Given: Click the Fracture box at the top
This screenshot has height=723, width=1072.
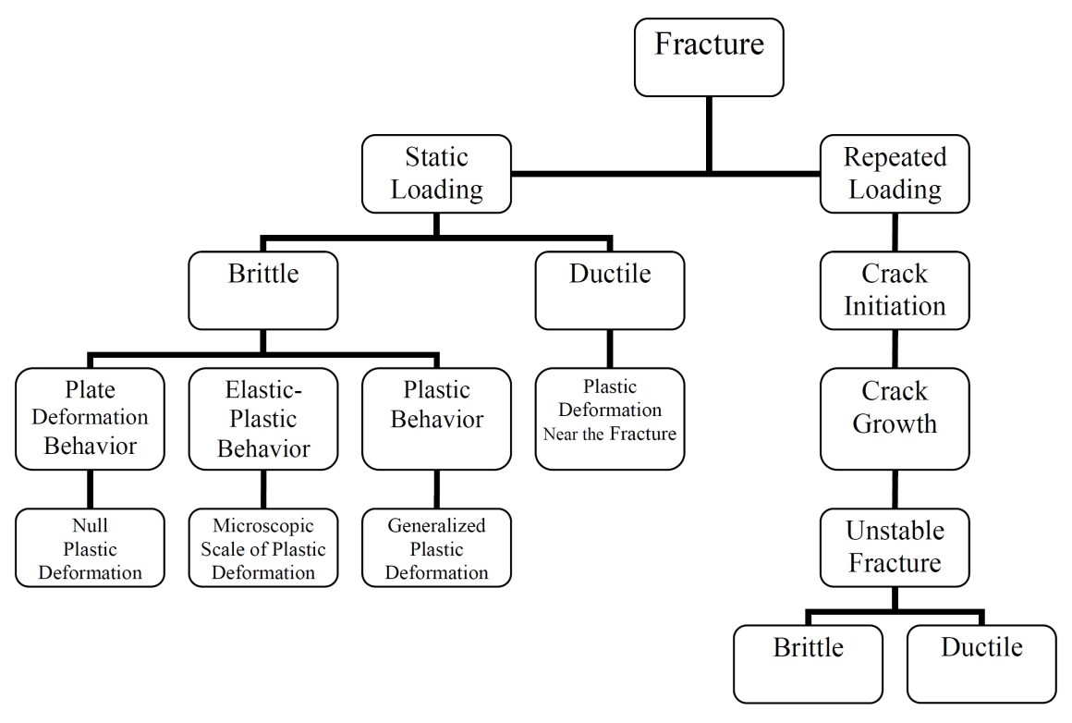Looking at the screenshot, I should (x=709, y=58).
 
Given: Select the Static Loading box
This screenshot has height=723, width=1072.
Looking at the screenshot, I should (x=436, y=173).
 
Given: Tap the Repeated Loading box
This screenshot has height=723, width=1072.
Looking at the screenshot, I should (x=894, y=173).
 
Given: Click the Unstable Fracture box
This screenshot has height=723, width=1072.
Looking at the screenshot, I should (x=894, y=547).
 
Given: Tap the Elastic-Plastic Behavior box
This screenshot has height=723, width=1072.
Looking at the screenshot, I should (x=262, y=419).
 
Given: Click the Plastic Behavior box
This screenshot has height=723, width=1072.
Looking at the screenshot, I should (x=435, y=419).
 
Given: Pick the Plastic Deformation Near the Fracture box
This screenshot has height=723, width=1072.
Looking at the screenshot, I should (x=609, y=419).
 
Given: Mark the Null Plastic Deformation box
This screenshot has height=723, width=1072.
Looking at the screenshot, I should (x=90, y=549).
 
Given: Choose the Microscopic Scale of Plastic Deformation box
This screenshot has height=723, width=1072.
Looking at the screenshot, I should (x=262, y=549).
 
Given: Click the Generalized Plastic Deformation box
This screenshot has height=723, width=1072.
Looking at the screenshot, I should (x=435, y=549).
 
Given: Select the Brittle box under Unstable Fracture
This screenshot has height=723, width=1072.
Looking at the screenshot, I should (x=808, y=664).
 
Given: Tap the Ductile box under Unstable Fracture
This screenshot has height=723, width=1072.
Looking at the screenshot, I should (x=981, y=664).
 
